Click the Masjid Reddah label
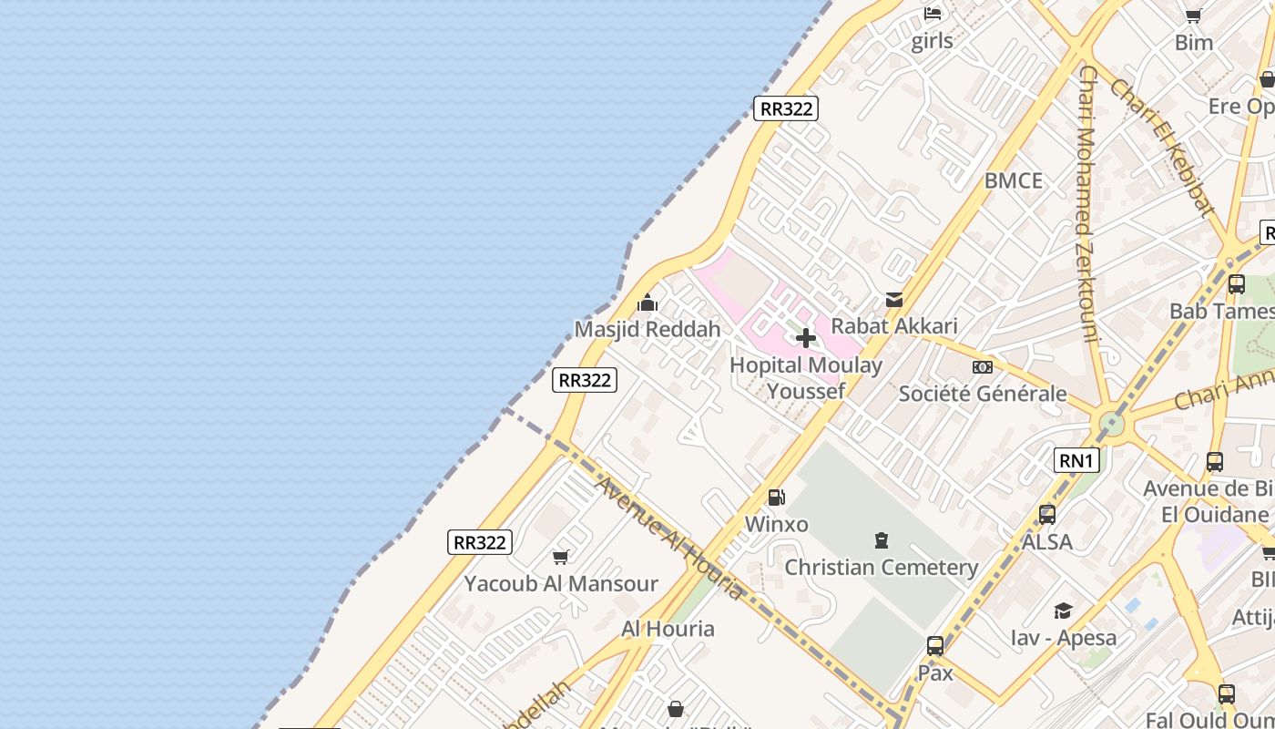pyautogui.click(x=648, y=329)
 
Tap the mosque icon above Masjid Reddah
pyautogui.click(x=648, y=303)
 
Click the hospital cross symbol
pyautogui.click(x=805, y=338)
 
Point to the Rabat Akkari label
pyautogui.click(x=894, y=325)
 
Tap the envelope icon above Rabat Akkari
pyautogui.click(x=894, y=300)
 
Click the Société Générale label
pyautogui.click(x=983, y=394)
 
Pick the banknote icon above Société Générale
pyautogui.click(x=983, y=367)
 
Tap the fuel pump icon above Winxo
pyautogui.click(x=777, y=498)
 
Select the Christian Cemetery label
pyautogui.click(x=882, y=568)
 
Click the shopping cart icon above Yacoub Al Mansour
pyautogui.click(x=561, y=557)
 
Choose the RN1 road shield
pyautogui.click(x=1076, y=460)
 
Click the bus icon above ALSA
pyautogui.click(x=1047, y=515)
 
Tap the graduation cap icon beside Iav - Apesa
pyautogui.click(x=1063, y=611)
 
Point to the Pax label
pyautogui.click(x=935, y=673)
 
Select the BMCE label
pyautogui.click(x=1014, y=180)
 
